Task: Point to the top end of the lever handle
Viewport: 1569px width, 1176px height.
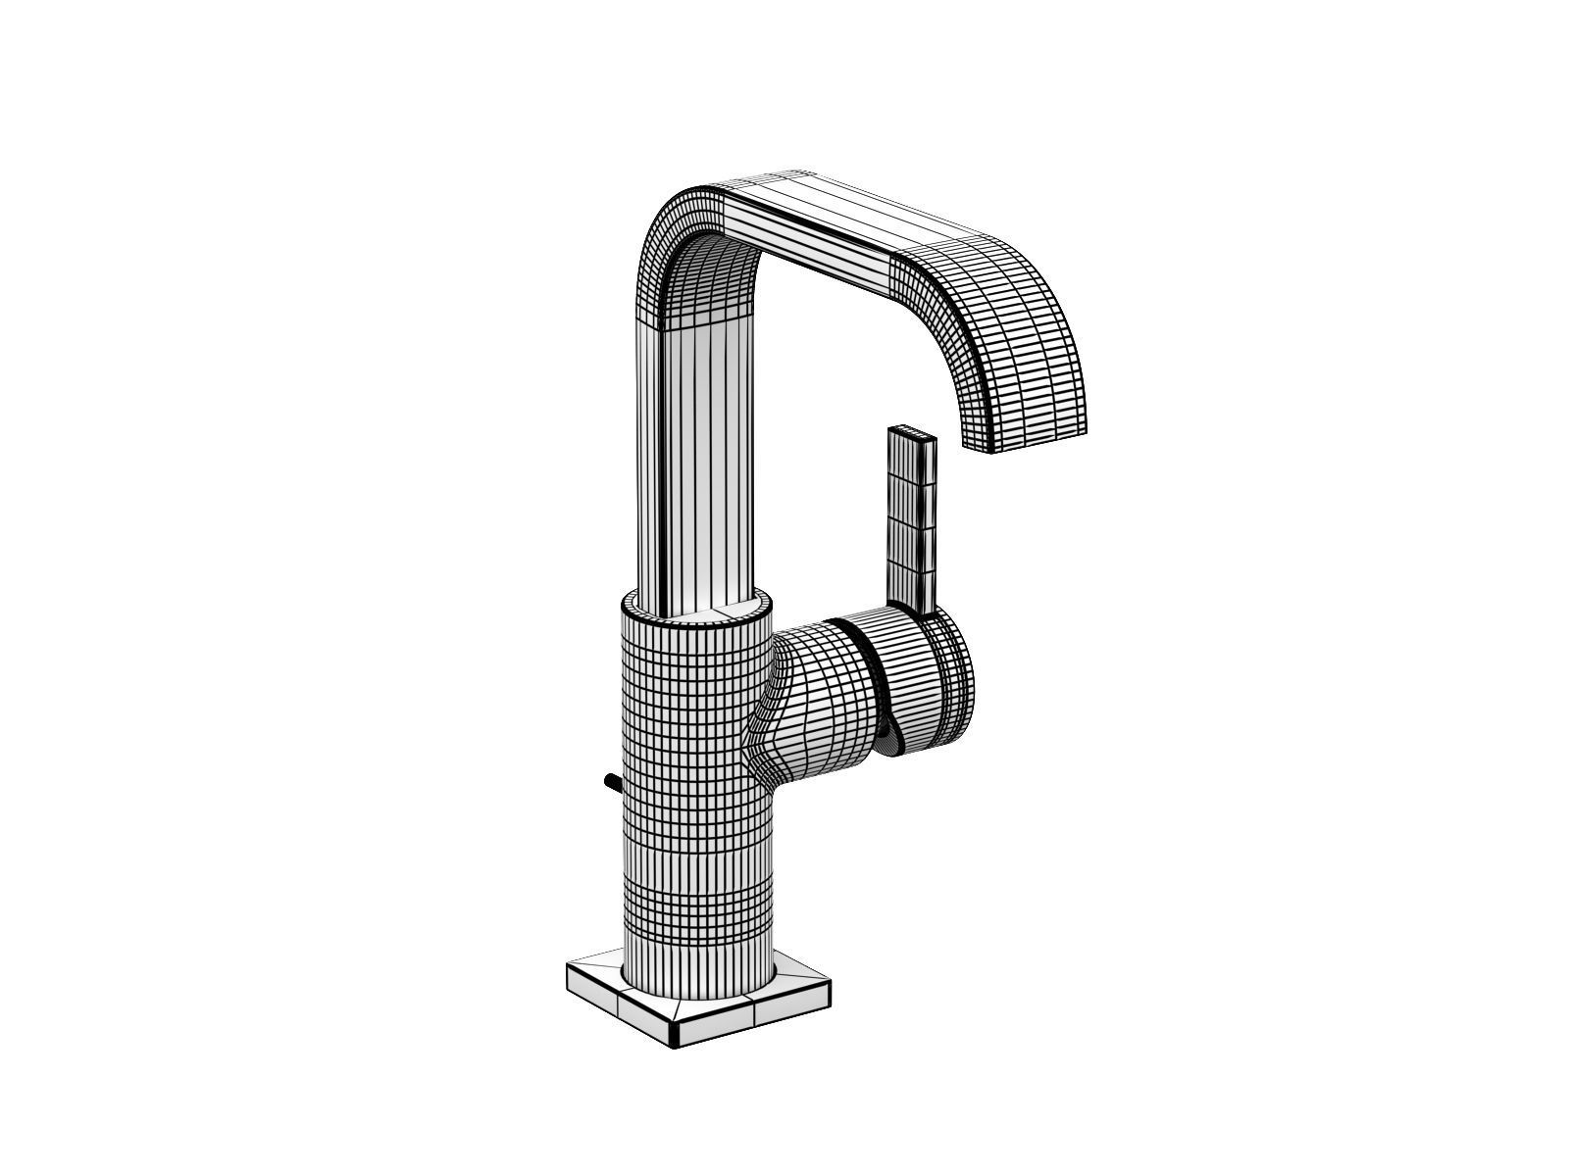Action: click(912, 433)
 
